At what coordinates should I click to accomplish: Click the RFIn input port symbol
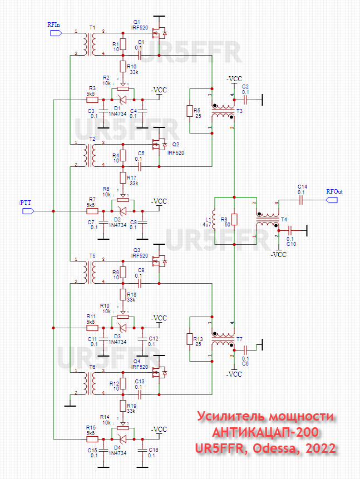coord(55,33)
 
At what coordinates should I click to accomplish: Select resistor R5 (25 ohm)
coord(190,111)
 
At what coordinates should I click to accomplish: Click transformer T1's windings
coord(88,44)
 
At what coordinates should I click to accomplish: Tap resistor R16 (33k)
coord(124,67)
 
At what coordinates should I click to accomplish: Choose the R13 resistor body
coord(190,339)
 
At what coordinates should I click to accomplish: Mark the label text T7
coord(239,339)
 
